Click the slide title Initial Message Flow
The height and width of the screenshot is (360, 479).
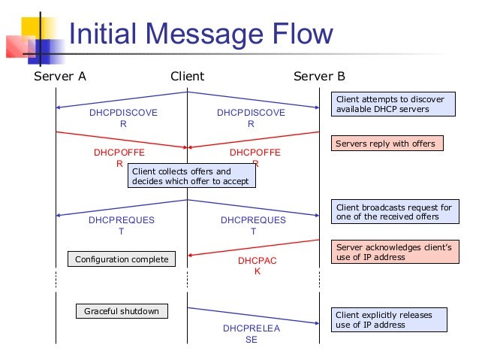(x=200, y=34)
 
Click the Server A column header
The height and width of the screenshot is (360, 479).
(x=60, y=77)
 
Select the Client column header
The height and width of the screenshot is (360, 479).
(x=187, y=77)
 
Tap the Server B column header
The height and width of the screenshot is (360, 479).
(x=319, y=77)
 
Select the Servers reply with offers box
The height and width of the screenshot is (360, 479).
(x=385, y=143)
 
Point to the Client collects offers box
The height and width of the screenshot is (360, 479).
(x=191, y=176)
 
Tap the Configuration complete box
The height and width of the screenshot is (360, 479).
(x=122, y=259)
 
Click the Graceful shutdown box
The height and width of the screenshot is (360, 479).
(x=122, y=310)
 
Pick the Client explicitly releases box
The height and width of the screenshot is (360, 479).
(x=389, y=320)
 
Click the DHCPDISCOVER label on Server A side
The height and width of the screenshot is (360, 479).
(x=123, y=119)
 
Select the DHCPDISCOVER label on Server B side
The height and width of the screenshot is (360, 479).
(x=251, y=119)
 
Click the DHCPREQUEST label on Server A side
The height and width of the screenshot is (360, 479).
(x=122, y=225)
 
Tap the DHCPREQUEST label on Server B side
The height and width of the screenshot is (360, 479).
(x=253, y=225)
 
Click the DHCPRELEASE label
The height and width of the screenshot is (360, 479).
(x=251, y=334)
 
